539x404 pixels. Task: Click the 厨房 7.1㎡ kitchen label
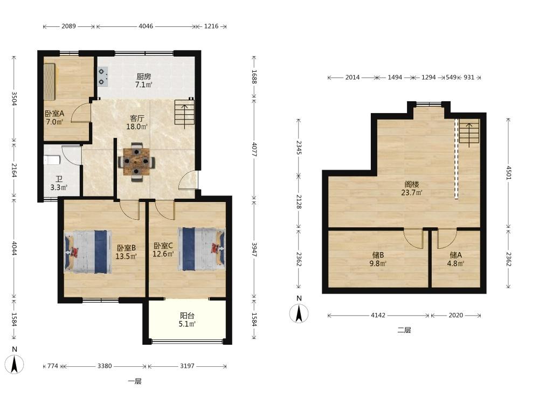click(x=143, y=80)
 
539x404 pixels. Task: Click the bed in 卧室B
click(x=88, y=252)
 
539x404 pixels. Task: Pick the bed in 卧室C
click(x=202, y=249)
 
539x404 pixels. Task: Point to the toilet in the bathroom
click(x=52, y=160)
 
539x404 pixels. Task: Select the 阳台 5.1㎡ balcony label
click(x=187, y=319)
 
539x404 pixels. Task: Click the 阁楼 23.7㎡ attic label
click(x=411, y=189)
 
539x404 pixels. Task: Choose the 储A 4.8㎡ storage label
click(x=456, y=260)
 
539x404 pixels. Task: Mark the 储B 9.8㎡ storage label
click(x=378, y=260)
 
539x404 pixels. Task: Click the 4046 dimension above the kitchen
click(x=146, y=26)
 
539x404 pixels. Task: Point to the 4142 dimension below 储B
click(x=378, y=315)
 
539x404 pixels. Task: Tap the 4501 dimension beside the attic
click(x=509, y=172)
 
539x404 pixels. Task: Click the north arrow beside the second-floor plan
click(x=299, y=313)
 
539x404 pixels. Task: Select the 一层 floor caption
click(x=135, y=381)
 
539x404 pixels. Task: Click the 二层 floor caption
click(x=404, y=331)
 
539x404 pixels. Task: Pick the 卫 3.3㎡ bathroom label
click(x=59, y=184)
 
